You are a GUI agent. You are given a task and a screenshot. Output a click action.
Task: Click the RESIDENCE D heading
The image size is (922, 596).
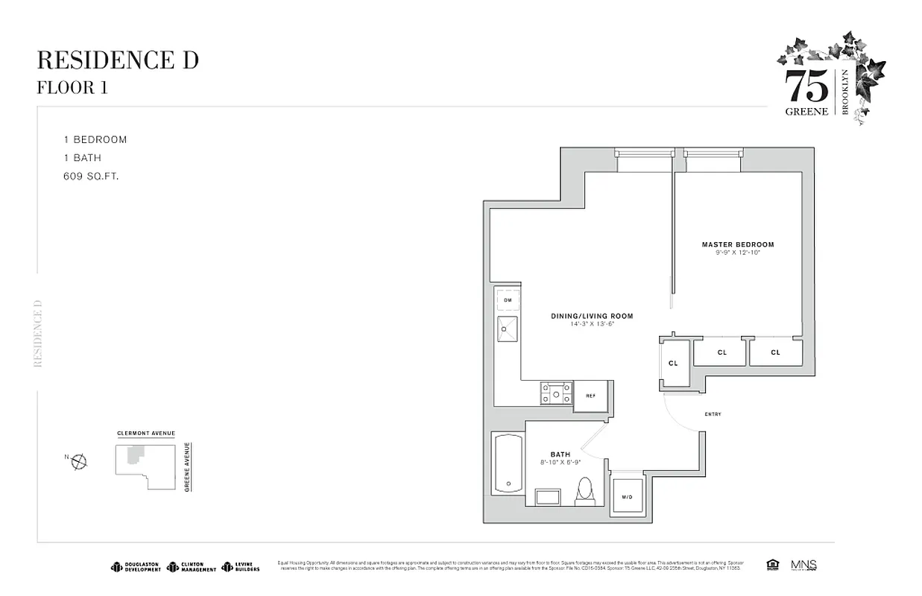point(118,60)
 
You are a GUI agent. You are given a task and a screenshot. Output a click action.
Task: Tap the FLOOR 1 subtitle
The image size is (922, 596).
point(72,87)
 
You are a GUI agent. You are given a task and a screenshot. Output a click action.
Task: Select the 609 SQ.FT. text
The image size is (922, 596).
point(92,177)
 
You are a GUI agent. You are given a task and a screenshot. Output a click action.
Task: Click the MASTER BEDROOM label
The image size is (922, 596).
point(737,244)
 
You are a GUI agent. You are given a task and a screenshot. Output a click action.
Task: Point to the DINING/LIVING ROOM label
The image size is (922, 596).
point(592,316)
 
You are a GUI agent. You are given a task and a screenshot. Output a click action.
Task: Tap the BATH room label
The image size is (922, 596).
point(560,454)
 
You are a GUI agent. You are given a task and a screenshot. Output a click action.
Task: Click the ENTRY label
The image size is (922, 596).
point(712,414)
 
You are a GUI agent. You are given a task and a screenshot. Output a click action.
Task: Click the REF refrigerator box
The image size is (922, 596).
point(590,396)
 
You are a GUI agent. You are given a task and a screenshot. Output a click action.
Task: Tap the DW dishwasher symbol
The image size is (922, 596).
point(507,300)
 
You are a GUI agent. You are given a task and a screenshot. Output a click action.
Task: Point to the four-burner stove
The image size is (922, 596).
point(556,393)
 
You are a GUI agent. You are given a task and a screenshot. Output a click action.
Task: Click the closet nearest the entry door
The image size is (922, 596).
point(674,363)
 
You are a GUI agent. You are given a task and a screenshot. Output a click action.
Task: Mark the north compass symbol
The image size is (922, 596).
point(78,462)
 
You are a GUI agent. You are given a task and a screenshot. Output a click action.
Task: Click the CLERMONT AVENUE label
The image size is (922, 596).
point(146,434)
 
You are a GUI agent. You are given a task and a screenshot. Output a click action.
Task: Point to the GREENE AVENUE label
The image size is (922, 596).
point(187,467)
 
